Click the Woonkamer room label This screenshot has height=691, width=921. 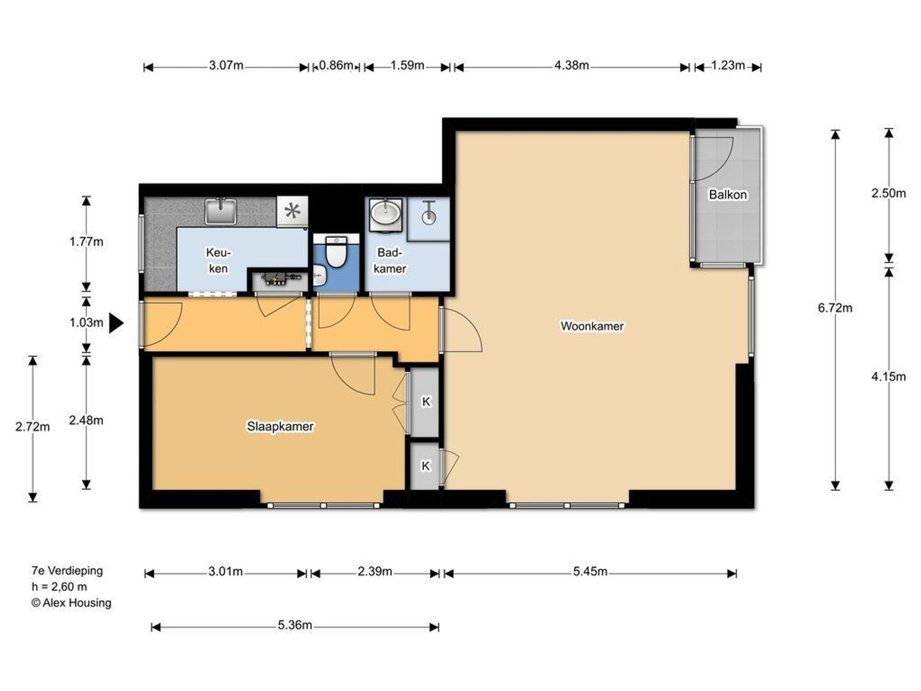click(592, 326)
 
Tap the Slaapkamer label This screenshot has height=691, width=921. click(280, 426)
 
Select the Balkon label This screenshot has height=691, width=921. click(728, 195)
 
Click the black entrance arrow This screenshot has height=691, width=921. click(116, 323)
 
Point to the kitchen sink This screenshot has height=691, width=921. click(220, 211)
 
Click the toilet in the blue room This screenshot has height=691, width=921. click(336, 251)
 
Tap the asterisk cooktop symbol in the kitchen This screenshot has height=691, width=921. click(292, 210)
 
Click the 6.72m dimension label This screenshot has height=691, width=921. click(835, 308)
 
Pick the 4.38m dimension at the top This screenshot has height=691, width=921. click(572, 65)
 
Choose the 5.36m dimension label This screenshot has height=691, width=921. click(295, 625)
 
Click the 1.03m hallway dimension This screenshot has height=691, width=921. click(86, 322)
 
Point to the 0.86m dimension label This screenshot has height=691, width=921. click(336, 65)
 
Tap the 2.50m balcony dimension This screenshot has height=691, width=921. click(888, 193)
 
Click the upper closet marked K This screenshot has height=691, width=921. click(425, 402)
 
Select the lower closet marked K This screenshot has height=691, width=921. click(425, 466)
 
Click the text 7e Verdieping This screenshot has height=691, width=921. click(67, 571)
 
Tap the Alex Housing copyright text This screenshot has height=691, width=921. click(72, 603)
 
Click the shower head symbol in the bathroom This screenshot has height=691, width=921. click(429, 212)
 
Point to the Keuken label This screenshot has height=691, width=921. click(218, 260)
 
